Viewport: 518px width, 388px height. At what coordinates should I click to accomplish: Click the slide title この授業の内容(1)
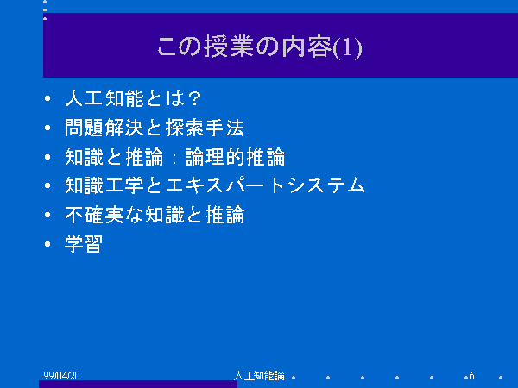point(260,47)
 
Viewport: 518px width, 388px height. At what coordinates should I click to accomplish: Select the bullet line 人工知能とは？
point(133,98)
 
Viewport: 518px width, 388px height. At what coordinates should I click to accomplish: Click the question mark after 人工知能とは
point(194,98)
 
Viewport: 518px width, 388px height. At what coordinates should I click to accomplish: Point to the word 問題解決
point(104,128)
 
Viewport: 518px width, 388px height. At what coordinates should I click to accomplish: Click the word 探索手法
point(205,128)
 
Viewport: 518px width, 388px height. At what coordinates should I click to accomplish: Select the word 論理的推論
point(235,157)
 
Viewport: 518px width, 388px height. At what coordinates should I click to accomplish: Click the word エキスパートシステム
point(265,185)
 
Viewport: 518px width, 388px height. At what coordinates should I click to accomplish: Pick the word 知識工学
point(104,185)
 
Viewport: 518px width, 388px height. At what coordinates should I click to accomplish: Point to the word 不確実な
point(104,215)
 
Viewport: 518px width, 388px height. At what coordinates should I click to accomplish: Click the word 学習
point(84,244)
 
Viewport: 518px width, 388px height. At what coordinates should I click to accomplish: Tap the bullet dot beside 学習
point(47,244)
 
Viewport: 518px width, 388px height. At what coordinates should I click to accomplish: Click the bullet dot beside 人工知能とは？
point(47,98)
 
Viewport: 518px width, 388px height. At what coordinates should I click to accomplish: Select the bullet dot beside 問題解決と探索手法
point(47,128)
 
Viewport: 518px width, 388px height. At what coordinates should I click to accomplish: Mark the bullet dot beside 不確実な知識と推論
point(47,215)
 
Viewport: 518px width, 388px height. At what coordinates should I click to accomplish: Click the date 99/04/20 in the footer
point(62,375)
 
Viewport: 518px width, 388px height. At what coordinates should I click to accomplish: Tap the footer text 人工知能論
point(259,375)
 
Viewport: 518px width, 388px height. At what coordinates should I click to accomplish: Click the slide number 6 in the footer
point(471,375)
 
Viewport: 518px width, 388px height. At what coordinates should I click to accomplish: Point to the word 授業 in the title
point(229,47)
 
